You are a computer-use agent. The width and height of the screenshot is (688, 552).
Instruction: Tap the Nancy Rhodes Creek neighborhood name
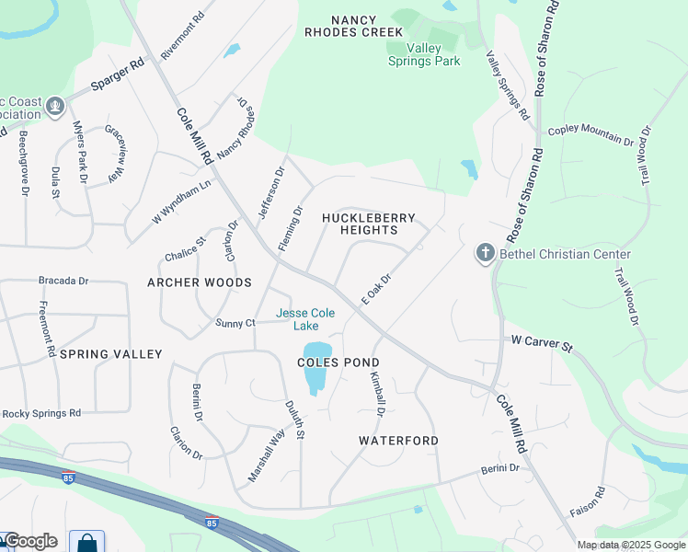click(354, 25)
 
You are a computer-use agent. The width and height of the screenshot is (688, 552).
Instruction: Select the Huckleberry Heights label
click(369, 224)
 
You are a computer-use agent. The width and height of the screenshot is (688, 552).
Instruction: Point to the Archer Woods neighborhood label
click(200, 282)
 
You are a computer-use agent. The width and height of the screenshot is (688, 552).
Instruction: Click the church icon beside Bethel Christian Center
click(486, 253)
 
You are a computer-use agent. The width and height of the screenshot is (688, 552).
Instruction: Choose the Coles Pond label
click(338, 362)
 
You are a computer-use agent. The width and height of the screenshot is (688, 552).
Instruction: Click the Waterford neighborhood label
click(398, 441)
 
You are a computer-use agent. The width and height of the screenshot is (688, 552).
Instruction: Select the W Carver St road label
click(542, 345)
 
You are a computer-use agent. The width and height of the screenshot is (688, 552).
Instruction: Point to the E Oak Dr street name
click(377, 289)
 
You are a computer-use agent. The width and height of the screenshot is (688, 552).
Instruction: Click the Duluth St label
click(293, 420)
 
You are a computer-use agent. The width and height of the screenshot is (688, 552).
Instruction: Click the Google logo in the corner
click(30, 541)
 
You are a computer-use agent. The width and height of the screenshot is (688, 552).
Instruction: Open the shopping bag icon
click(87, 542)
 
